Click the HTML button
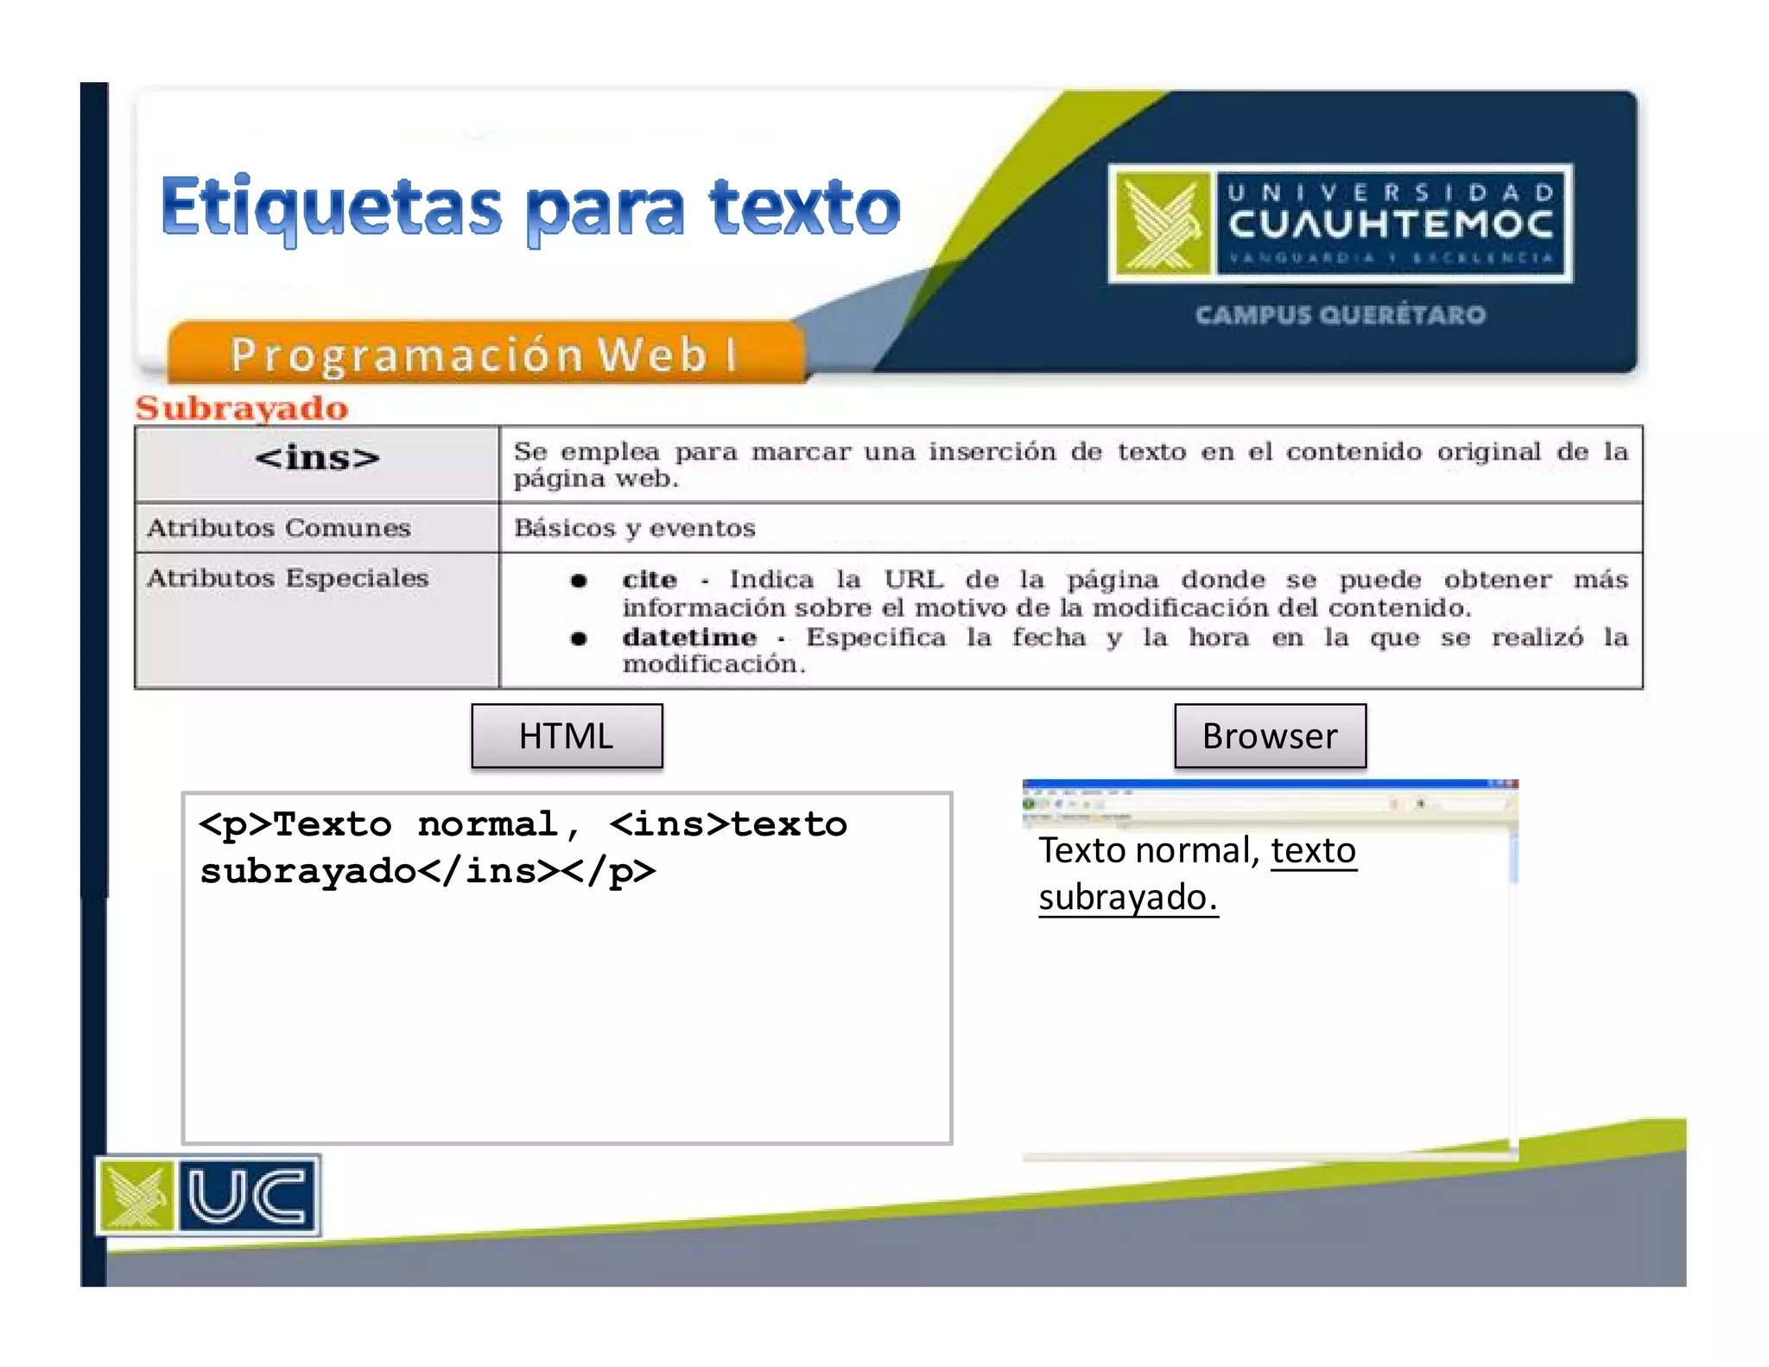tap(567, 736)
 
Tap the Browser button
tap(1270, 736)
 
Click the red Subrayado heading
tap(242, 408)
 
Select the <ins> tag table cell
tap(317, 459)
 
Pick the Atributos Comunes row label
tap(278, 528)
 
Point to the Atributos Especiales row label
tap(288, 578)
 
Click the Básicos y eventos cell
tap(635, 528)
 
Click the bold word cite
tap(650, 580)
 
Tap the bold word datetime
tap(689, 638)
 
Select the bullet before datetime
tap(579, 639)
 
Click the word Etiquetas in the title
tap(331, 207)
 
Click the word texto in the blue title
tap(804, 207)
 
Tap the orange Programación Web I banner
tap(484, 354)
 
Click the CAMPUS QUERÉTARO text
tap(1341, 315)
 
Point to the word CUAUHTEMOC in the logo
tap(1391, 225)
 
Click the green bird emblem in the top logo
tap(1163, 224)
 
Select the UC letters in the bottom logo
tap(247, 1196)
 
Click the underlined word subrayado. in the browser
tap(1128, 898)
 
